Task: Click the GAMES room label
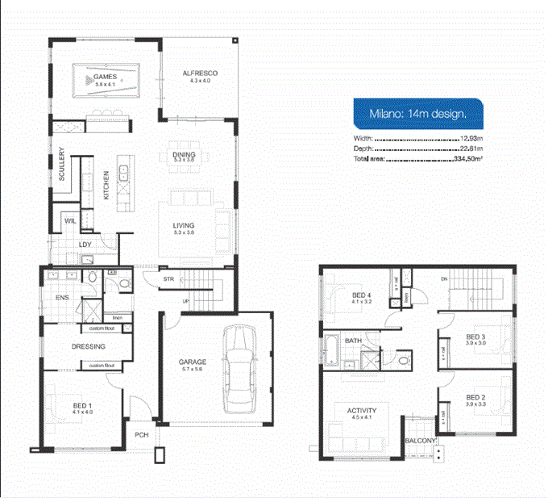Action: [x=106, y=77]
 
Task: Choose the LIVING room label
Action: [x=185, y=226]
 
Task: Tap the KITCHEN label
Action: [x=106, y=185]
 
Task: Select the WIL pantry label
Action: [x=69, y=220]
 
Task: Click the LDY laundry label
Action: [x=84, y=245]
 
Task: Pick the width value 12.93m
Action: [x=471, y=138]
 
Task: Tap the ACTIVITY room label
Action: [x=362, y=411]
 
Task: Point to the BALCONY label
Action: [x=421, y=441]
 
